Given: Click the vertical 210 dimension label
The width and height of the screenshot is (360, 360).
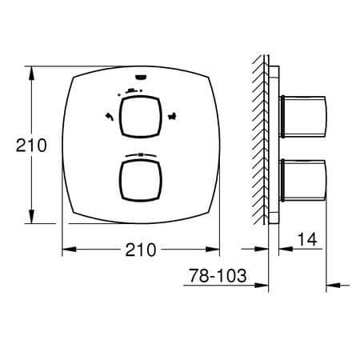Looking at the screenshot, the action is tap(31, 146).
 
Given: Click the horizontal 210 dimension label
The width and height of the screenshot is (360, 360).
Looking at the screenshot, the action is tap(141, 250).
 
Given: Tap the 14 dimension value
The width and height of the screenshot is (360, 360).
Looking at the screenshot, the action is tap(307, 239).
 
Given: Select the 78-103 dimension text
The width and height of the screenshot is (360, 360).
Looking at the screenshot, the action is tap(218, 275).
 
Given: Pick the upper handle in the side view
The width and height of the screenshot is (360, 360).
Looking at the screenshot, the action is tap(302, 117).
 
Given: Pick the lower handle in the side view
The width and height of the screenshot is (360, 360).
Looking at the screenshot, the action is tap(302, 181).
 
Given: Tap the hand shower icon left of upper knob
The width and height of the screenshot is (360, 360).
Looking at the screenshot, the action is tap(110, 117).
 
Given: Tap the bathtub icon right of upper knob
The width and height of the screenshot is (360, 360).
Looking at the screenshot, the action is tap(172, 117).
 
